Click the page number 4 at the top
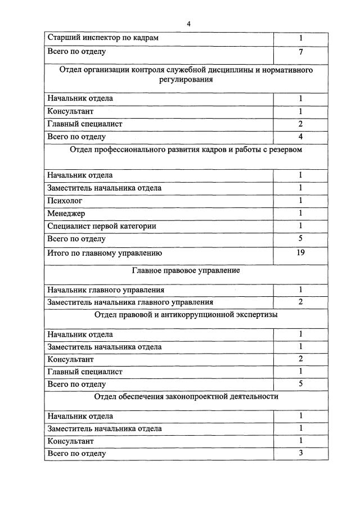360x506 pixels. [x=188, y=24]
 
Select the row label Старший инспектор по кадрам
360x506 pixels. [x=102, y=38]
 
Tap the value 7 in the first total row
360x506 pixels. [x=301, y=52]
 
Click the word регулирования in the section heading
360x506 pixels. [x=186, y=80]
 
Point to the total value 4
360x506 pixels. [x=301, y=137]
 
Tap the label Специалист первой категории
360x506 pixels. [x=102, y=226]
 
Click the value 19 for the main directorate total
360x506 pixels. [x=301, y=252]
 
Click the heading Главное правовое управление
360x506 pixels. [x=186, y=270]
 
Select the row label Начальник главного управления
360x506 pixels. [x=106, y=290]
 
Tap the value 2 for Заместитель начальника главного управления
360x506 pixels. [x=301, y=302]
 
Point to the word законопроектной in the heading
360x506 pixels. [x=192, y=396]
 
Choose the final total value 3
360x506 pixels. [x=301, y=453]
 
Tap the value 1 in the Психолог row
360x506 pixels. [x=301, y=200]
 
